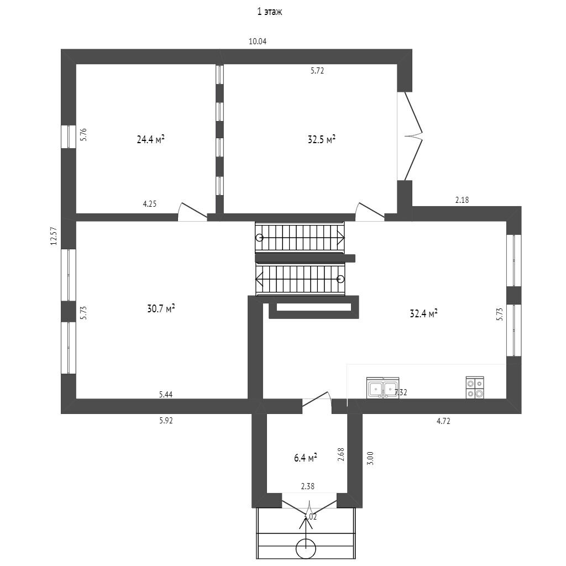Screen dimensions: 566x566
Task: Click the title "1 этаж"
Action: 269,12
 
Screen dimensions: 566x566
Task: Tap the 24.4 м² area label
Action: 150,139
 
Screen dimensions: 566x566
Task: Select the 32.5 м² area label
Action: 322,139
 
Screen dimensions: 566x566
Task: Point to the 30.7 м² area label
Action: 161,308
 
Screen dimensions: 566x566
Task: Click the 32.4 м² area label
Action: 423,313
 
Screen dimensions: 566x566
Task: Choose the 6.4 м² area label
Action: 305,458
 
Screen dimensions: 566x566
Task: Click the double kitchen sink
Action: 382,388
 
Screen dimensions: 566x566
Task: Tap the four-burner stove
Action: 475,387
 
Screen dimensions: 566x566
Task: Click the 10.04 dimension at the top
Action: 258,41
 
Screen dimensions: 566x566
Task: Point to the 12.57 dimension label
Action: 54,236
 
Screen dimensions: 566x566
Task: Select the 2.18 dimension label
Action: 462,200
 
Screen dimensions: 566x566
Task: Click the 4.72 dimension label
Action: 443,421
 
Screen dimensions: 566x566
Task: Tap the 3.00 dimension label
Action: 370,458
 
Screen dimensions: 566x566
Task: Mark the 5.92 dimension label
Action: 166,421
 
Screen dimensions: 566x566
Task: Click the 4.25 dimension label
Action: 149,204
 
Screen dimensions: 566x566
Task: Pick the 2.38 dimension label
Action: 307,486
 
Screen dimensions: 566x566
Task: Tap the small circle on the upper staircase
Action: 259,238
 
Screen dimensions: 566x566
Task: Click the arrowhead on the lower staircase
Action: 259,279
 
